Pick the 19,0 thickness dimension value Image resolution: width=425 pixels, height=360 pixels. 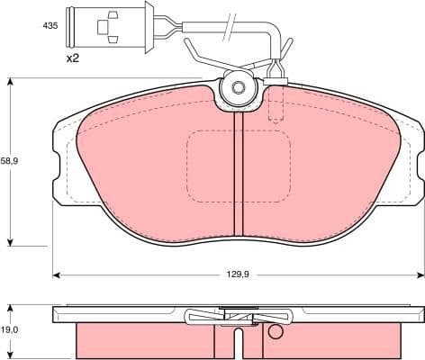pyautogui.click(x=8, y=330)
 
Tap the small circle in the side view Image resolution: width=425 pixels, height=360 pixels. pyautogui.click(x=276, y=333)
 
